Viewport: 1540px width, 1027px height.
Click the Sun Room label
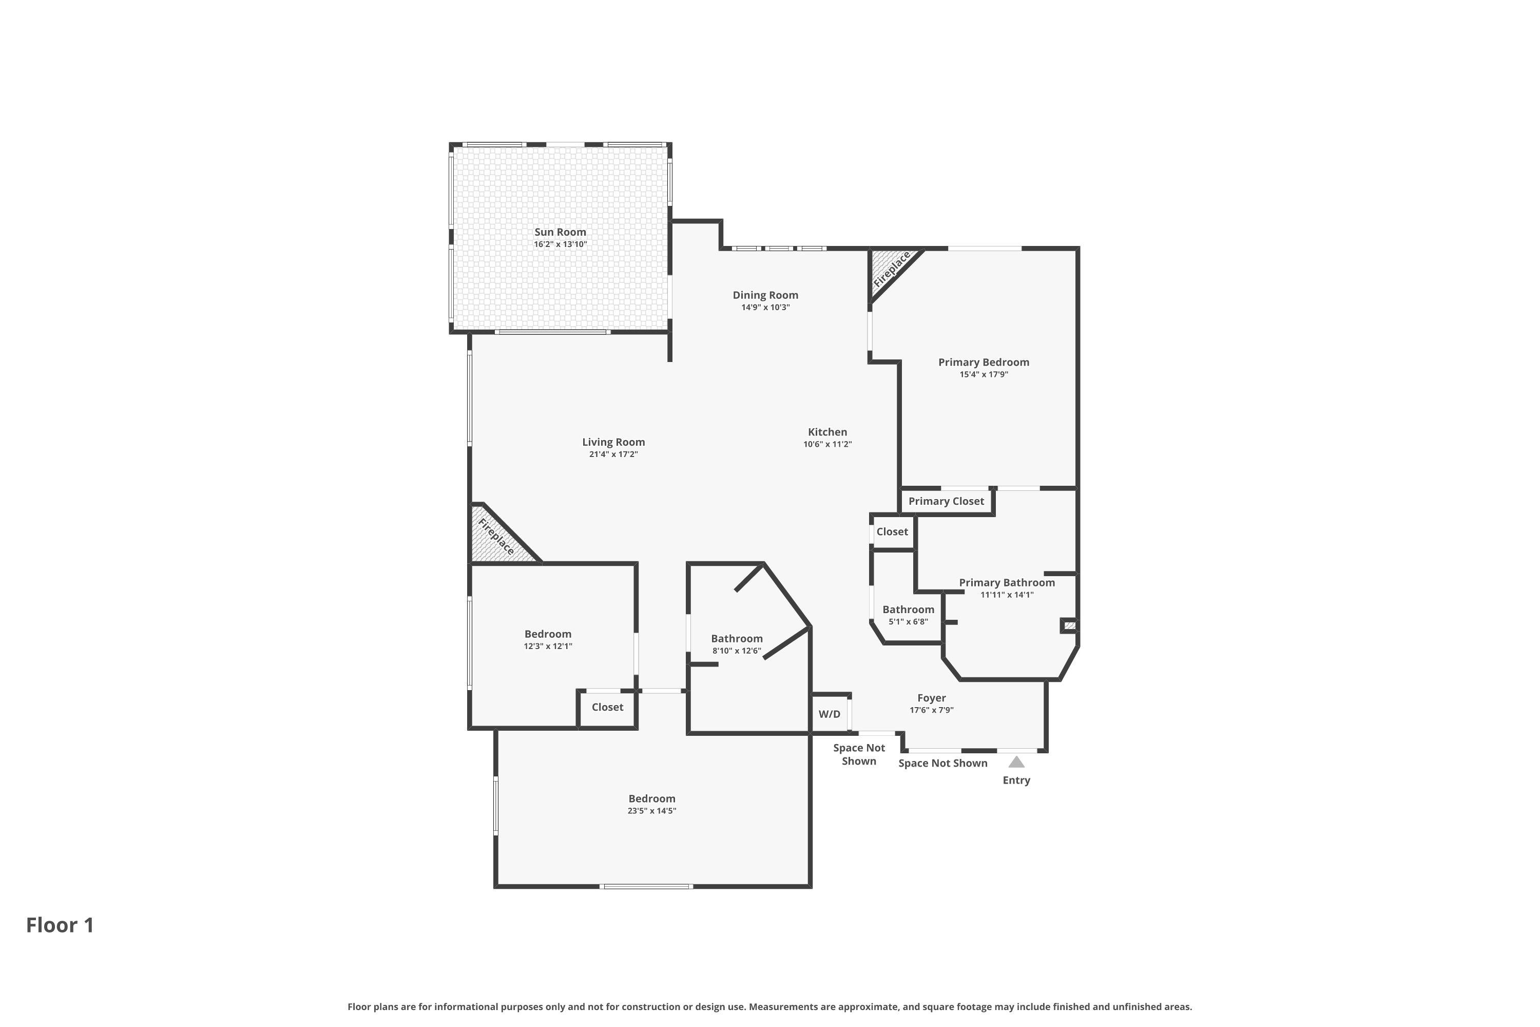click(x=560, y=232)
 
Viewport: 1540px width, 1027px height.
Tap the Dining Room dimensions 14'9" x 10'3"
click(x=765, y=307)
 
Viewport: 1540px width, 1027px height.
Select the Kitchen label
click(x=827, y=432)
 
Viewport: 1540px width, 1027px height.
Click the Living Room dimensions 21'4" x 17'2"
click(x=613, y=454)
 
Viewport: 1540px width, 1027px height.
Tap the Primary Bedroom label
click(x=984, y=362)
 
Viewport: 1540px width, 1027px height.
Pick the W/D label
click(x=829, y=714)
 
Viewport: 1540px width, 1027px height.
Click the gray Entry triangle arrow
click(x=1016, y=762)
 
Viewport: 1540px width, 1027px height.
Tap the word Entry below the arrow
click(x=1016, y=780)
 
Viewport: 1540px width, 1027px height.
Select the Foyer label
click(x=931, y=698)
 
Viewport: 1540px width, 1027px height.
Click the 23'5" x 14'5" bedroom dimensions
click(x=651, y=811)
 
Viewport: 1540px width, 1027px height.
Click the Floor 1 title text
click(x=60, y=925)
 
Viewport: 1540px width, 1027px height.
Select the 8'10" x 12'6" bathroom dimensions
click(x=737, y=651)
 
